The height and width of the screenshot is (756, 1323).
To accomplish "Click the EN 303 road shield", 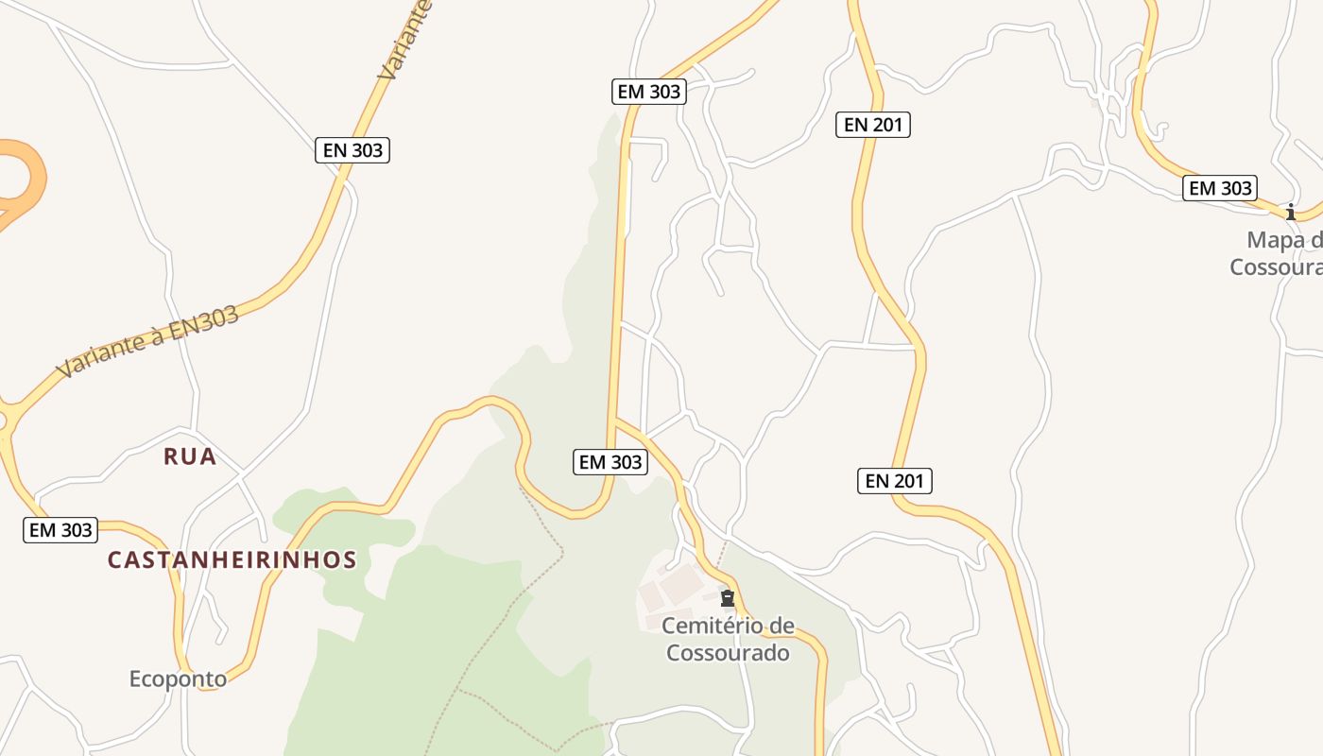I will [x=352, y=149].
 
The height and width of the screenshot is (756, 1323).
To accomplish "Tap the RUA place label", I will [x=190, y=456].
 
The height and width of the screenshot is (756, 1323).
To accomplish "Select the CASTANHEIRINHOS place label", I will [x=232, y=559].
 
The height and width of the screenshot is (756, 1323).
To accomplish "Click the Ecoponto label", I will [x=178, y=679].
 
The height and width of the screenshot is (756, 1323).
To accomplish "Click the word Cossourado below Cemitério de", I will [x=728, y=652].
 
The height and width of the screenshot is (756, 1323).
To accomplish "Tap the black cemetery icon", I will [x=728, y=598].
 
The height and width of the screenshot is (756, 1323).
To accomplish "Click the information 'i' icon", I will [x=1291, y=212].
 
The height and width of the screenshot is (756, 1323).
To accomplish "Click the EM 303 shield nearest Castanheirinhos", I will [x=60, y=530].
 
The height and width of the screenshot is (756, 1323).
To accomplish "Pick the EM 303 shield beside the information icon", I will [x=1220, y=188].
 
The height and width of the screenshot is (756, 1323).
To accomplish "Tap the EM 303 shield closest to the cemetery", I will [x=610, y=462].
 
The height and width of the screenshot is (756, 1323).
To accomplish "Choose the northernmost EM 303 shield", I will [x=648, y=92].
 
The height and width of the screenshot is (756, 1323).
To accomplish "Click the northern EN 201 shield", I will [x=872, y=124].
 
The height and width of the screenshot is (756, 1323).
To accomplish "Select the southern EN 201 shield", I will [x=895, y=481].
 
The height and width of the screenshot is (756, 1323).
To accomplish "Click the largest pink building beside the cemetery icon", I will [x=681, y=586].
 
